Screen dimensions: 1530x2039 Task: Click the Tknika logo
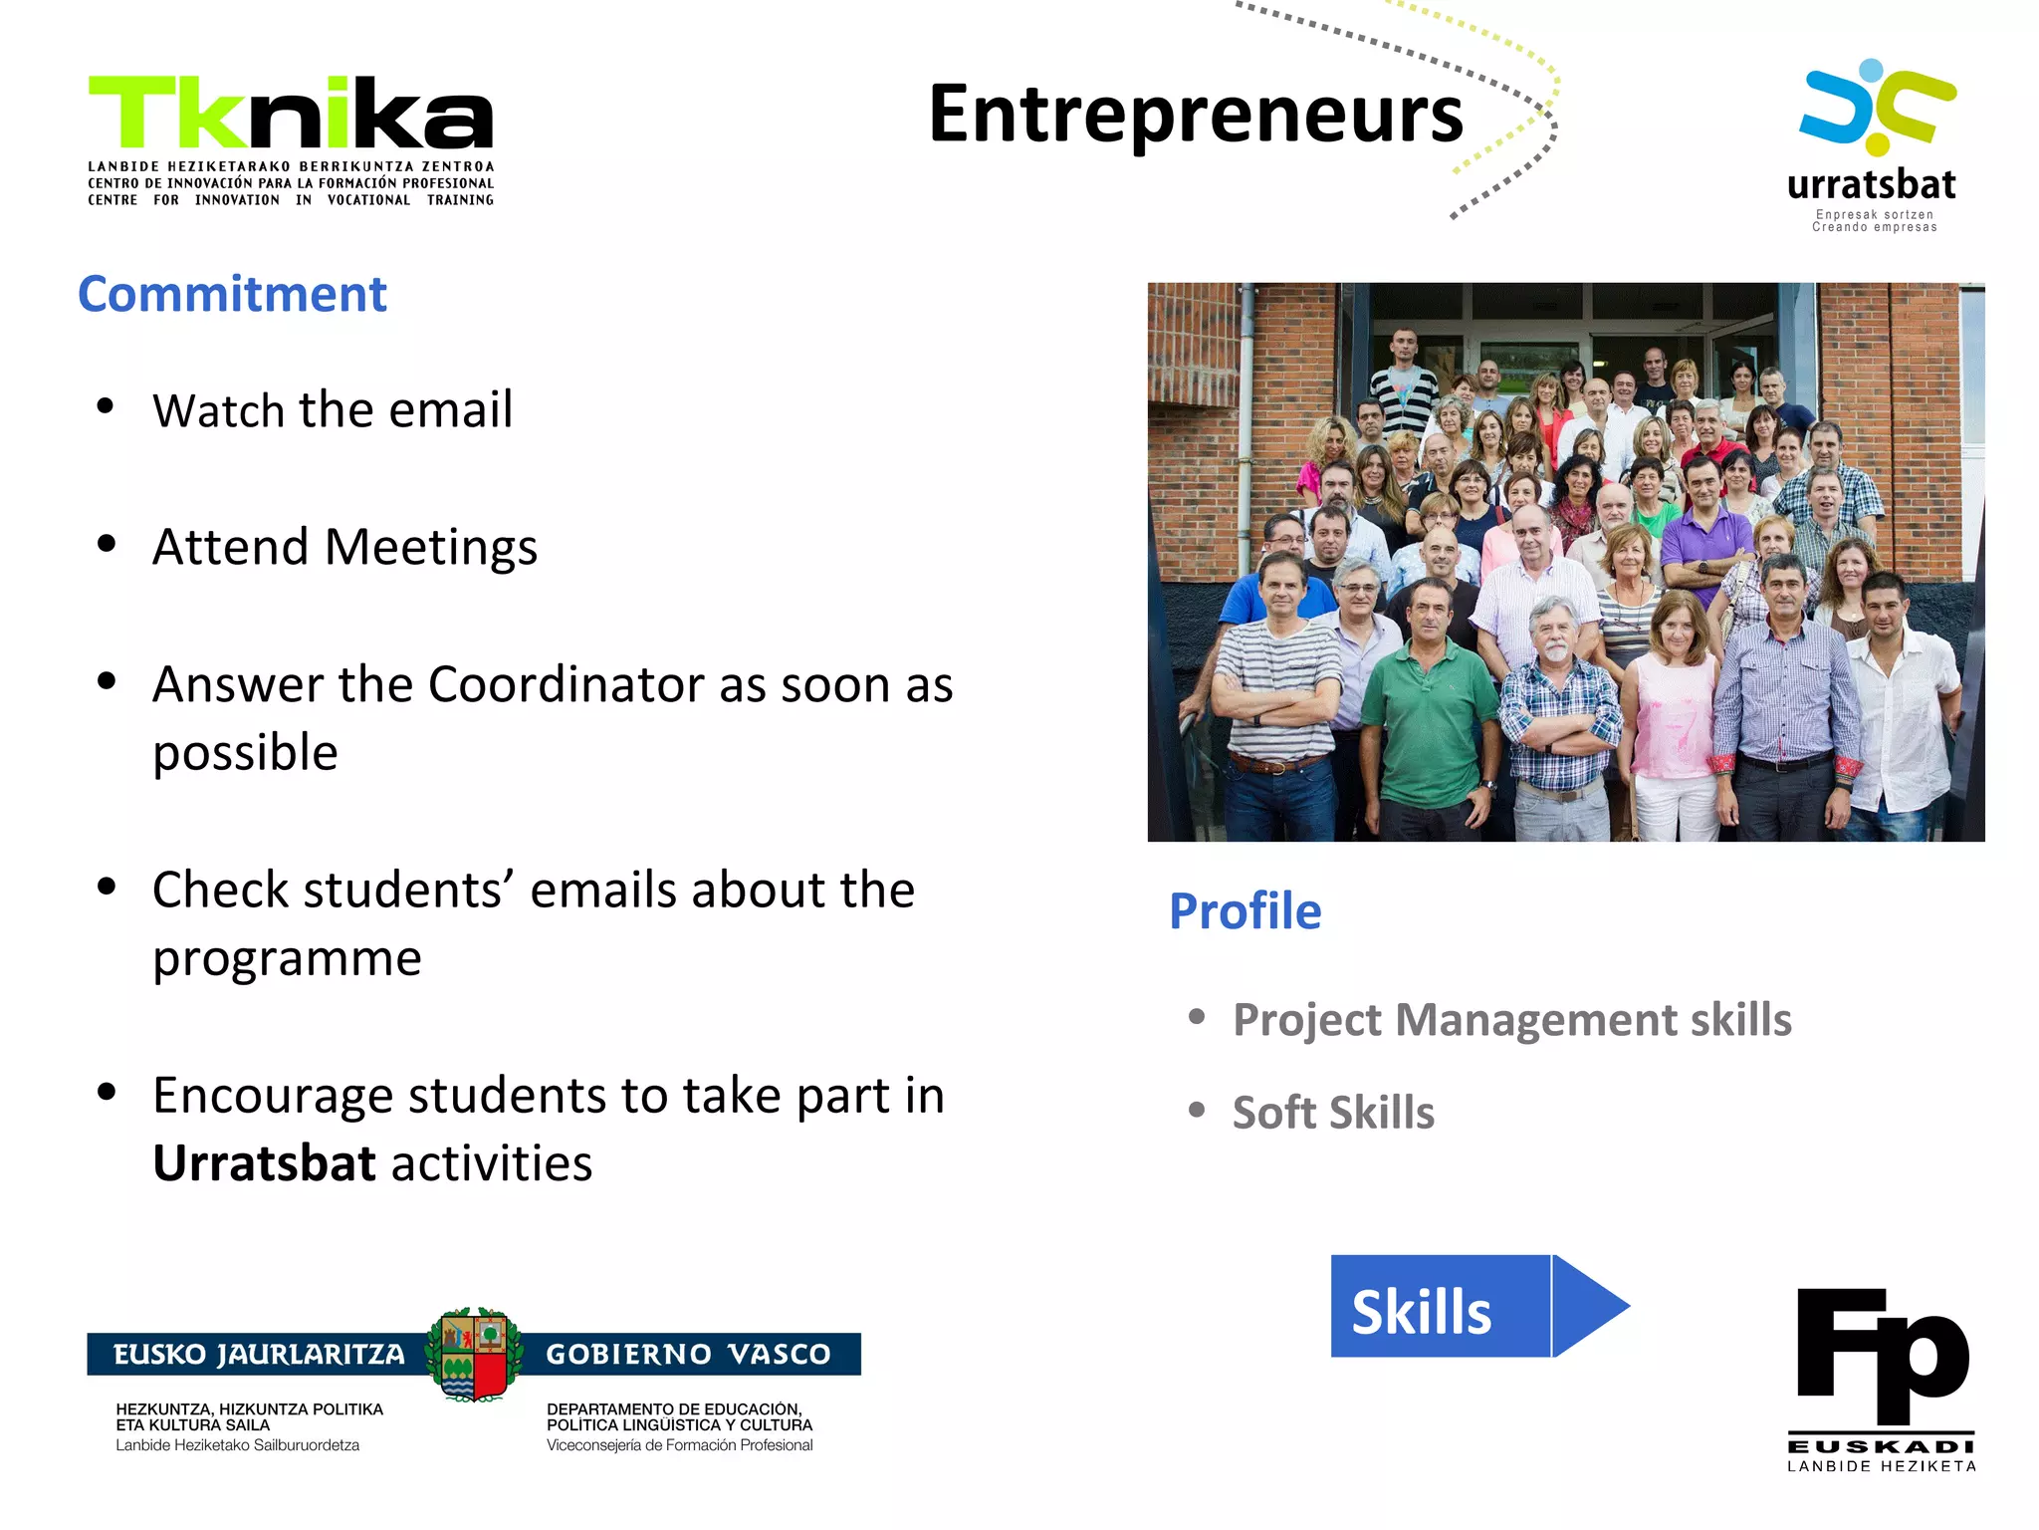click(291, 139)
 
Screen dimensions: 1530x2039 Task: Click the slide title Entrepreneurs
click(1195, 116)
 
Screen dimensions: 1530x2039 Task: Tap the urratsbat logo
click(1874, 145)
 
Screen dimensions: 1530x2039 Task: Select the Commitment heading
click(232, 295)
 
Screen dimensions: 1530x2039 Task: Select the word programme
click(287, 958)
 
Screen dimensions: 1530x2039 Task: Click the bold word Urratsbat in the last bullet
click(264, 1163)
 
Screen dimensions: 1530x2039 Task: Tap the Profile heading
click(1245, 911)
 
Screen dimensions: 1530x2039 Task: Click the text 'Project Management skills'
click(1511, 1020)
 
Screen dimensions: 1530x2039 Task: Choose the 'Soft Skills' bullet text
click(1333, 1113)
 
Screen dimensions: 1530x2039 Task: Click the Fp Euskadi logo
click(1882, 1380)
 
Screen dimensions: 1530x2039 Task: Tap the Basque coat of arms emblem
click(474, 1355)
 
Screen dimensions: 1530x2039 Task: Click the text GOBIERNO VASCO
click(688, 1355)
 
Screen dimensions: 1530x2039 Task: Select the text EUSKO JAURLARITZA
click(259, 1355)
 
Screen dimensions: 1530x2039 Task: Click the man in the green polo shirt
click(1428, 717)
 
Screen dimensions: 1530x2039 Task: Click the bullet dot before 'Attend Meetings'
click(107, 544)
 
